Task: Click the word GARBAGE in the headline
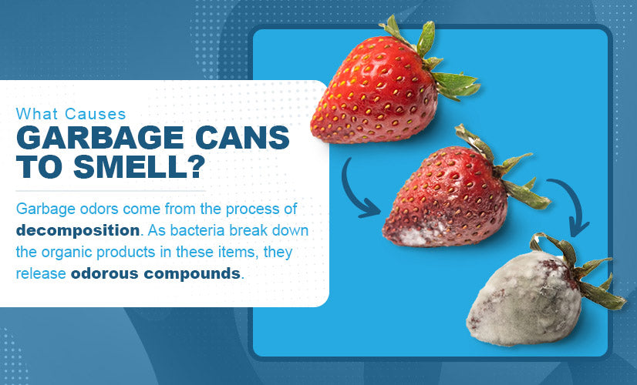coord(100,138)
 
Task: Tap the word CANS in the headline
coord(242,138)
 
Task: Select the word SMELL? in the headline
coord(138,166)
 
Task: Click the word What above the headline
coord(36,114)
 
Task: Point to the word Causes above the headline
coord(96,114)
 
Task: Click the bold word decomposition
coord(78,230)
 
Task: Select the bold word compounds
coord(192,274)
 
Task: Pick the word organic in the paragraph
coord(66,253)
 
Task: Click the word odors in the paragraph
coord(99,209)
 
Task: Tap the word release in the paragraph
coord(41,273)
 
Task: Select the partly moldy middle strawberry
coord(455,195)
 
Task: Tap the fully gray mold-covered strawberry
coord(536,296)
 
